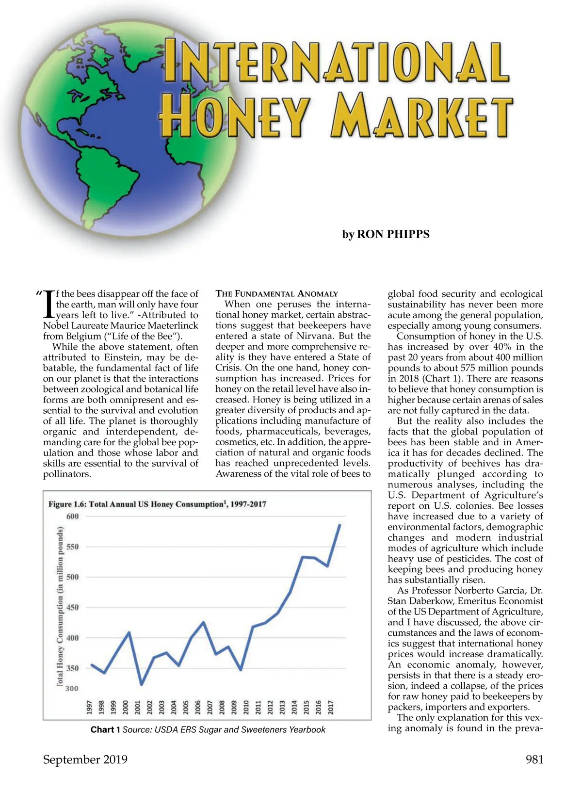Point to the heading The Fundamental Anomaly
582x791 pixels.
pyautogui.click(x=276, y=293)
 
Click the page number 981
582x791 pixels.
pyautogui.click(x=534, y=759)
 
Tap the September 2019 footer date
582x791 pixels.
pyautogui.click(x=85, y=759)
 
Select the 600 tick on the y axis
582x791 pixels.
pyautogui.click(x=72, y=516)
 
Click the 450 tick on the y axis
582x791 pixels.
pyautogui.click(x=72, y=607)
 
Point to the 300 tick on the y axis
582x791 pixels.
pyautogui.click(x=72, y=688)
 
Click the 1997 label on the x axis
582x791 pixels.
pyautogui.click(x=90, y=707)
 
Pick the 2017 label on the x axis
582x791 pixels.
pyautogui.click(x=331, y=707)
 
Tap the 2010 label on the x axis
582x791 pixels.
pyautogui.click(x=246, y=707)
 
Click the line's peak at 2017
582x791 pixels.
pyautogui.click(x=339, y=525)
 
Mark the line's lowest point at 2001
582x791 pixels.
pyautogui.click(x=141, y=684)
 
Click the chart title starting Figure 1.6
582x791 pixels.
pyautogui.click(x=157, y=504)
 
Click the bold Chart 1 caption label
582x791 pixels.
pyautogui.click(x=105, y=729)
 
